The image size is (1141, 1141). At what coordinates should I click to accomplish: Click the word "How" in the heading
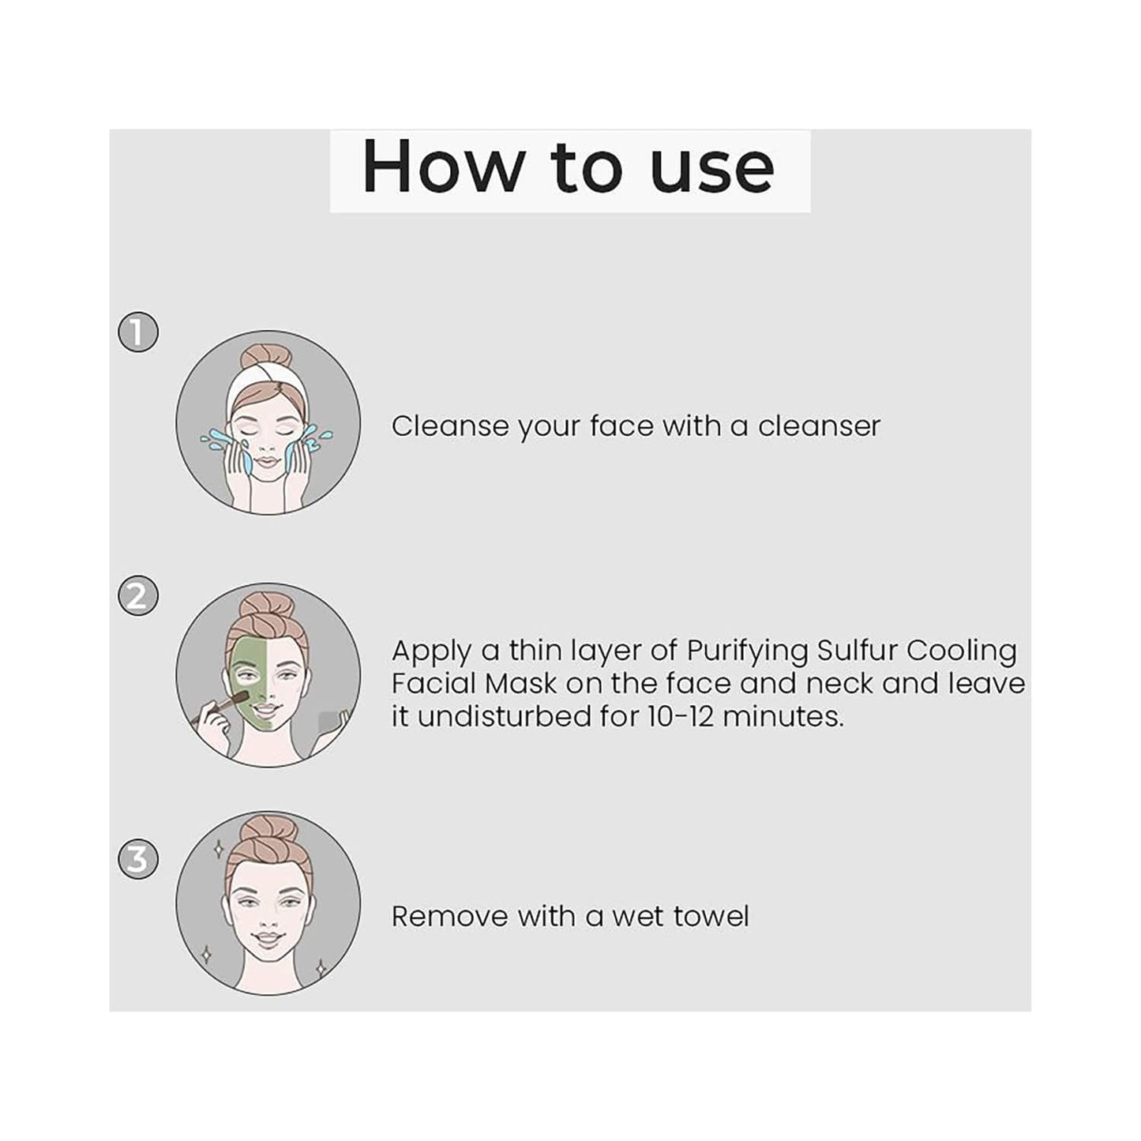443,167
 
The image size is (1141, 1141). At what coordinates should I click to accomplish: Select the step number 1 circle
138,332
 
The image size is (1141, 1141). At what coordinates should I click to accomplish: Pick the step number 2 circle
138,595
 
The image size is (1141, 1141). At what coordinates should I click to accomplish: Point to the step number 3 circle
138,859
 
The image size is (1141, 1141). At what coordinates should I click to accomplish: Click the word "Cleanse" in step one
450,426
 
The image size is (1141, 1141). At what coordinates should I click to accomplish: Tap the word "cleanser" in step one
819,426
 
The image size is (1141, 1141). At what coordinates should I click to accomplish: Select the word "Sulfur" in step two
857,651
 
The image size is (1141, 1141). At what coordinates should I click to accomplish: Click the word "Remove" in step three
449,917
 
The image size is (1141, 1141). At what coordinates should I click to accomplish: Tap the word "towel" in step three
709,917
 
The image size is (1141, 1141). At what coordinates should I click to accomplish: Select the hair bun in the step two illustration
267,608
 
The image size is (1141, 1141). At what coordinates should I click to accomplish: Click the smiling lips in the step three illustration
268,940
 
